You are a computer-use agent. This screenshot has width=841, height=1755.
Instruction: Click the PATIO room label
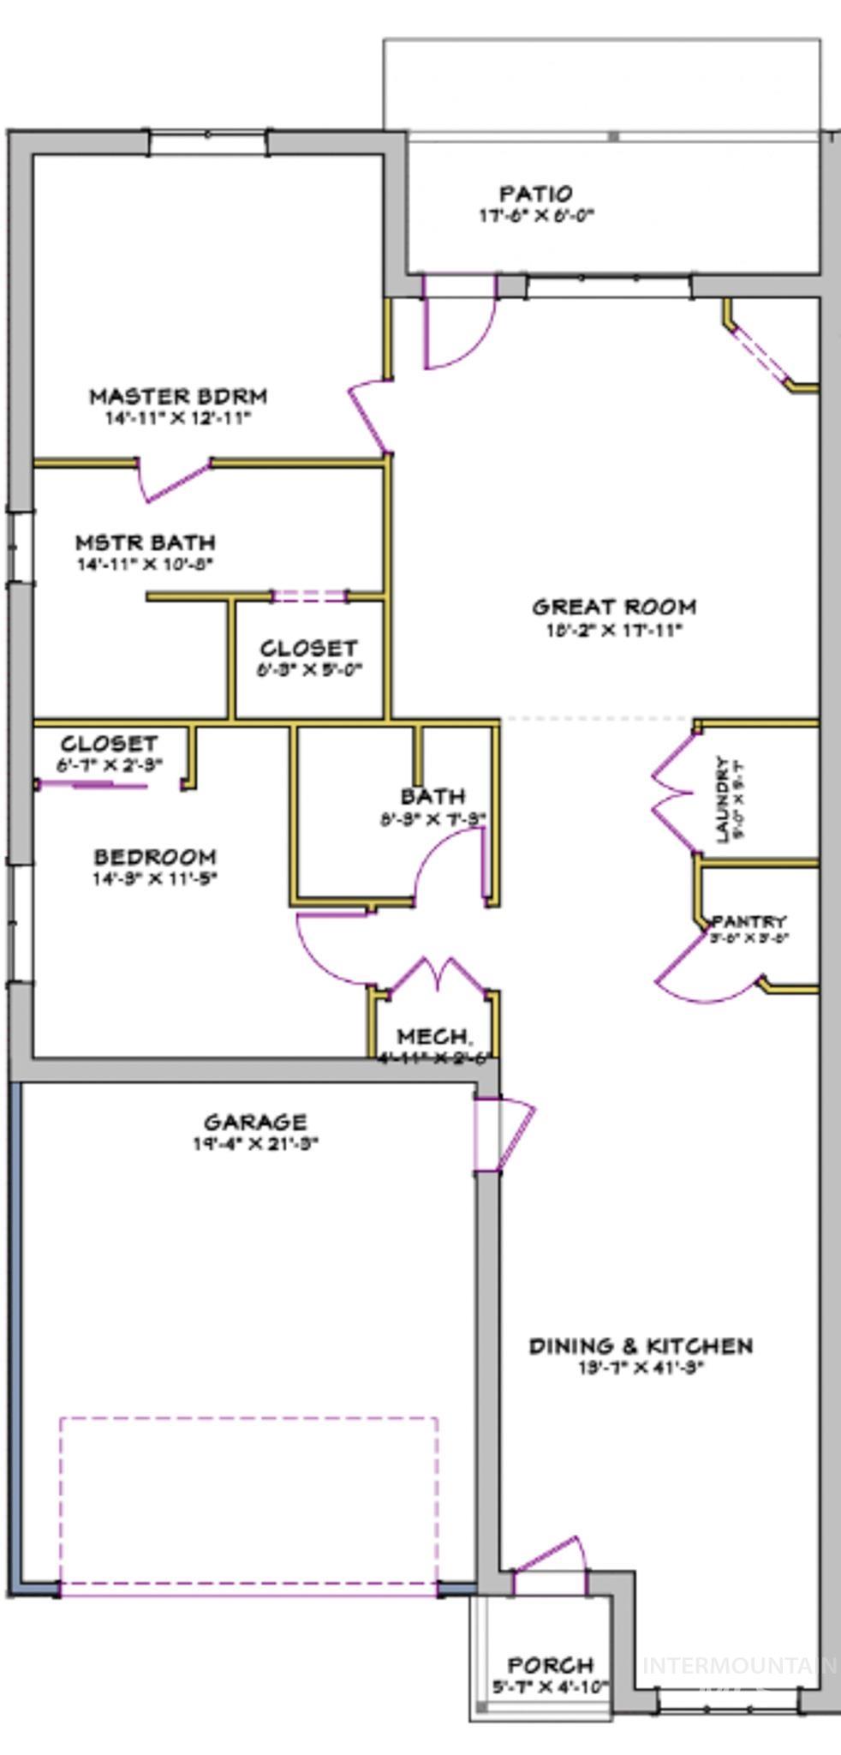point(536,194)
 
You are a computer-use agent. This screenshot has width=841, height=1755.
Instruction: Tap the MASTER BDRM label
point(178,397)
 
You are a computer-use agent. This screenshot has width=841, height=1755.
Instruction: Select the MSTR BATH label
point(145,542)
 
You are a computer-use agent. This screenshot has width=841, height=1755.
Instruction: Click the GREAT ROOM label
point(614,608)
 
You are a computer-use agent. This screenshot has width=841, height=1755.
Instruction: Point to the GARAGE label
point(255,1122)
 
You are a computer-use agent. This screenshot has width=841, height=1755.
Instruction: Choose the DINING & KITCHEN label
point(641,1345)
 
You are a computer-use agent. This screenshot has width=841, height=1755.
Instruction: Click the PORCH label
point(551,1665)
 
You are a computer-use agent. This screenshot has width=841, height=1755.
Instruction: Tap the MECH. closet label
point(433,1037)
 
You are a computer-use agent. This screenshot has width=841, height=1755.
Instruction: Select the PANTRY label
point(749,921)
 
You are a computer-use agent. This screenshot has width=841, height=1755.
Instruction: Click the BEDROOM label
point(155,857)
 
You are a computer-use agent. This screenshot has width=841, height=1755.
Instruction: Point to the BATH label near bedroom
point(433,797)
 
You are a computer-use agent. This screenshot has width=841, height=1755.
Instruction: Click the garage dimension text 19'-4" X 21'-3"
point(255,1143)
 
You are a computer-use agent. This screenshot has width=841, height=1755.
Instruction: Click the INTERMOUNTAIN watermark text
point(739,1665)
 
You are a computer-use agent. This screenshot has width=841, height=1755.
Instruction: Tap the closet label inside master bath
point(308,649)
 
